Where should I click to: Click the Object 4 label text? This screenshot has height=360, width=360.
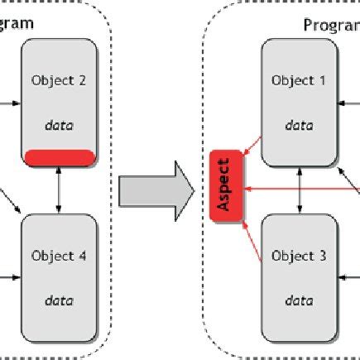click(59, 256)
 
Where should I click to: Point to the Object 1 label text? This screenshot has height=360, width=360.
click(299, 81)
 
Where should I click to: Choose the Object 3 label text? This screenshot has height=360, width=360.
click(299, 256)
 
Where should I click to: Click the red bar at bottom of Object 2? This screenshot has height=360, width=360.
click(59, 156)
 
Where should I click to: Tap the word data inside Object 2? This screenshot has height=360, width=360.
click(59, 127)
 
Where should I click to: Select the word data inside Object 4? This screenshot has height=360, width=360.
click(59, 300)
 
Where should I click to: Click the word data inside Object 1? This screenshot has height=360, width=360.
click(299, 127)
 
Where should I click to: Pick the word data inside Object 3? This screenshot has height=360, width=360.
click(299, 300)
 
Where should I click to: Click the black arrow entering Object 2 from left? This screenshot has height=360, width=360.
click(10, 105)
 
